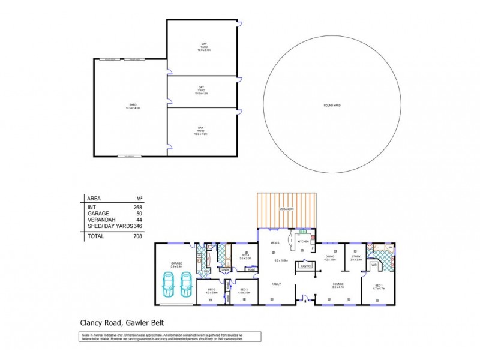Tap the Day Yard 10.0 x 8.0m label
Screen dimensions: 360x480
(x=203, y=47)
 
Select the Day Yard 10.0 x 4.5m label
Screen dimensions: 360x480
(x=200, y=91)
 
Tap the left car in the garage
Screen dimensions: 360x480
(x=170, y=284)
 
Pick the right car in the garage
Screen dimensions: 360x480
(x=186, y=284)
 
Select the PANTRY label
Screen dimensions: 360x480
(x=305, y=265)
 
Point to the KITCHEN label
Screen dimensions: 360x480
(x=303, y=241)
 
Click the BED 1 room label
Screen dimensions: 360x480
(x=379, y=286)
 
